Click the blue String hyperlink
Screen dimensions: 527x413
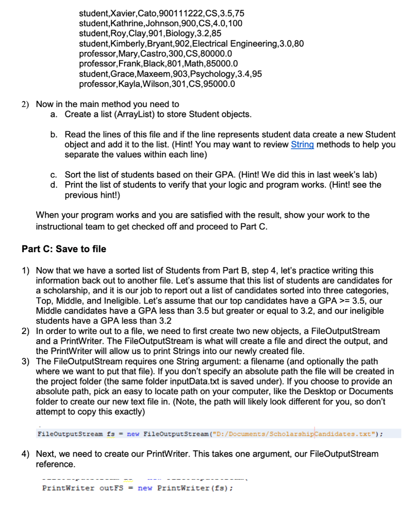(x=302, y=144)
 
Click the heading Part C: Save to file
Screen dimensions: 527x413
(x=64, y=249)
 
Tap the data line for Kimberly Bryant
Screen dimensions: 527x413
(x=191, y=43)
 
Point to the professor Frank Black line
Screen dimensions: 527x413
(x=158, y=64)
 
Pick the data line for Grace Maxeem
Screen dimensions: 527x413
(x=170, y=74)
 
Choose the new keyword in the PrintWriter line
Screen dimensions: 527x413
(x=145, y=488)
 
